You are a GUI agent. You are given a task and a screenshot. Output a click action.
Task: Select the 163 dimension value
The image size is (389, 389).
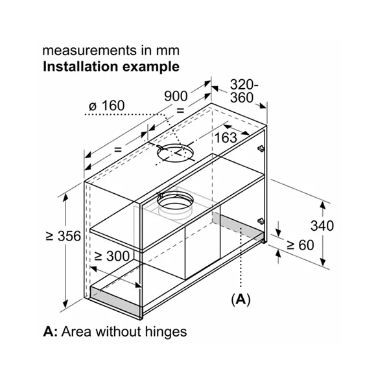click(x=225, y=137)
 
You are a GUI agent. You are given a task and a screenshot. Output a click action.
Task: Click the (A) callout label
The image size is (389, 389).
click(x=240, y=300)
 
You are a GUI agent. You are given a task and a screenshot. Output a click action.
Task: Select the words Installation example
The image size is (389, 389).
click(x=111, y=66)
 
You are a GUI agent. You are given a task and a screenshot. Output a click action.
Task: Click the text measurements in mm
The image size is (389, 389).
click(x=111, y=50)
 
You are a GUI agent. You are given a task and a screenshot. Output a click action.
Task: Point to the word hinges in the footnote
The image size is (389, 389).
click(x=167, y=332)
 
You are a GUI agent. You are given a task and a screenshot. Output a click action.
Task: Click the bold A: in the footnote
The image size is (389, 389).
click(x=51, y=332)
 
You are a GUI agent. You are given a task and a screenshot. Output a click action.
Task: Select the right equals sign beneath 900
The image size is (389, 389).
click(x=180, y=110)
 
